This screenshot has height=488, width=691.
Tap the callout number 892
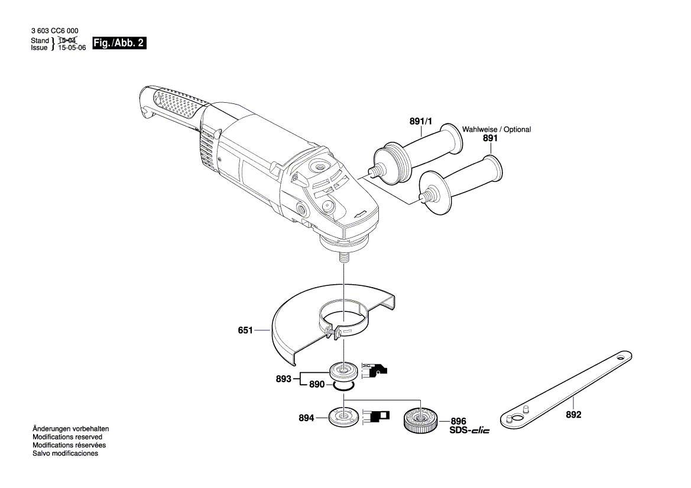[x=573, y=415]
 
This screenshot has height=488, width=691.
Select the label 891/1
[x=421, y=121]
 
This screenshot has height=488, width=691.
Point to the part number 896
[x=458, y=421]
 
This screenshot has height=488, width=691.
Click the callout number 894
[x=306, y=418]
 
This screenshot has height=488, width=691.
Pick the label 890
[x=317, y=385]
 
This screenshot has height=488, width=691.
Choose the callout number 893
[x=283, y=379]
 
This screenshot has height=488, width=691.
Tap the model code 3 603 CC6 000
[x=54, y=30]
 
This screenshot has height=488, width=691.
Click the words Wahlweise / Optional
[x=497, y=129]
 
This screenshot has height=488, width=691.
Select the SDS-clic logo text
[x=470, y=430]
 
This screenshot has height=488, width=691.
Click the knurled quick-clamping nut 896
[x=420, y=421]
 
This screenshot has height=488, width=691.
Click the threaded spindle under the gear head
[x=343, y=258]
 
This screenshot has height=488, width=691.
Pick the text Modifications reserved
[x=67, y=437]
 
